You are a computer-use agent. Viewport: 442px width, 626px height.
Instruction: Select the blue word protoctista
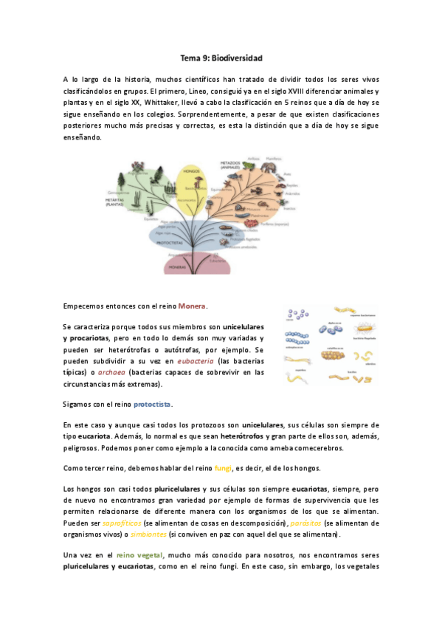[153, 405]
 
